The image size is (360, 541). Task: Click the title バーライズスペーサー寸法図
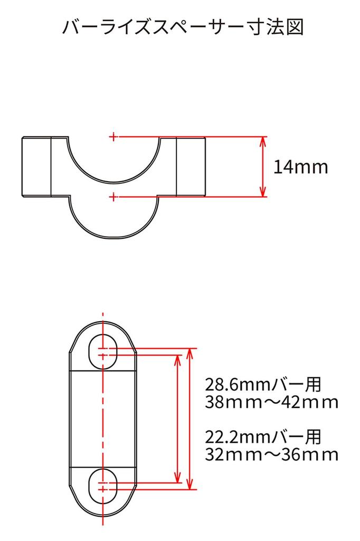click(183, 27)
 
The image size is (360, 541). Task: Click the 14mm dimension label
click(300, 167)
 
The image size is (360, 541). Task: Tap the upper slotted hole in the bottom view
click(102, 350)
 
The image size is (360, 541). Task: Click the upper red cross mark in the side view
click(113, 137)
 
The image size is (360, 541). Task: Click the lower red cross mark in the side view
click(113, 197)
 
